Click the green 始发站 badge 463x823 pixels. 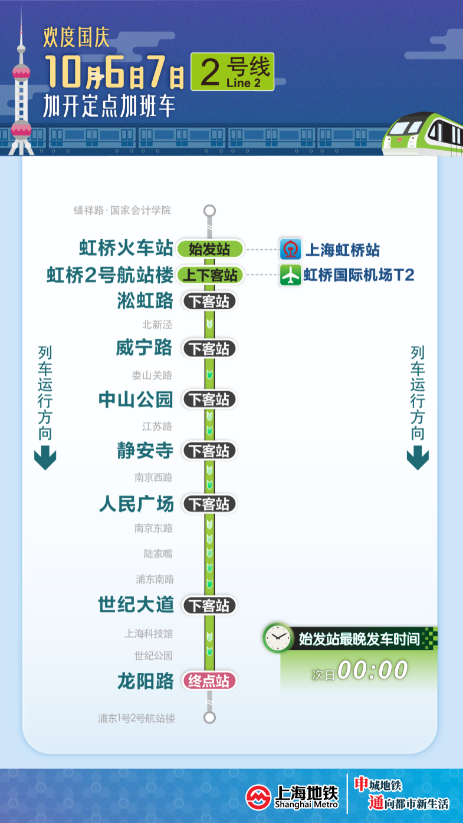click(209, 249)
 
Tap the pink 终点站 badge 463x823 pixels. click(209, 681)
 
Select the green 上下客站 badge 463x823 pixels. click(209, 275)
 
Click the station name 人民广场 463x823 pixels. click(136, 504)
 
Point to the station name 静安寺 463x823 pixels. click(145, 451)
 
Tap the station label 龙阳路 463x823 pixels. click(145, 681)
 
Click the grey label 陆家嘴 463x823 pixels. click(158, 554)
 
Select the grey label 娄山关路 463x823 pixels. click(152, 375)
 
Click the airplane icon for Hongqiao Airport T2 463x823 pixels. click(291, 275)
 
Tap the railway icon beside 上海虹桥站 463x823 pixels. click(291, 249)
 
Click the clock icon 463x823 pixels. click(278, 637)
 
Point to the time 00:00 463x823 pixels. click(373, 669)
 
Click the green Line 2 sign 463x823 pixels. click(232, 72)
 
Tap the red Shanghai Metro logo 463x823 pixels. click(258, 797)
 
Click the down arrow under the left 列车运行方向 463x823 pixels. click(45, 457)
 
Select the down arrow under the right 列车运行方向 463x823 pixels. click(418, 457)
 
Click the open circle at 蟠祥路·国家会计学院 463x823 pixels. click(209, 211)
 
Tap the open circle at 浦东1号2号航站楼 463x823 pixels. click(209, 717)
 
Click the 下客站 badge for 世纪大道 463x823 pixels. click(209, 605)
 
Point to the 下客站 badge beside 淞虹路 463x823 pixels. click(209, 301)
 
